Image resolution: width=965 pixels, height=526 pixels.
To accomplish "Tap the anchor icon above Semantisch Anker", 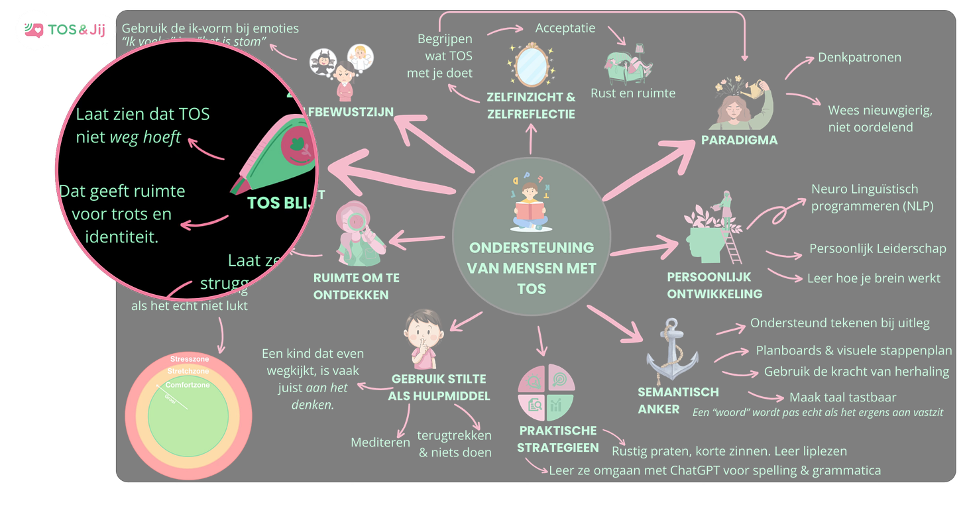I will pos(673,350).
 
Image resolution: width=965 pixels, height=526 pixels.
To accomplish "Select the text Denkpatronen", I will pos(860,58).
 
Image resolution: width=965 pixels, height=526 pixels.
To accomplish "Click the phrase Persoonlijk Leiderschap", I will pos(878,248).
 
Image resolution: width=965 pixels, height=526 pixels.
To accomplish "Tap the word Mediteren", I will pos(380,442).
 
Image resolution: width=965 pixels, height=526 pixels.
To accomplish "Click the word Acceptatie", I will pos(565,28).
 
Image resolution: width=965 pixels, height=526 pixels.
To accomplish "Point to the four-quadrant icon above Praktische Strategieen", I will pos(547,392).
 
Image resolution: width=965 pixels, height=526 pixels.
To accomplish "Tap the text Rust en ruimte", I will pos(633,93).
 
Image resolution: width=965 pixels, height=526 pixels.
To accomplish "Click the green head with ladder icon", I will pos(709,228).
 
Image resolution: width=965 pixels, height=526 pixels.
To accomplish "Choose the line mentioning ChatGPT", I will pos(714,471).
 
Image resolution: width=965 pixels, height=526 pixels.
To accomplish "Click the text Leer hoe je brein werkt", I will pos(873,278).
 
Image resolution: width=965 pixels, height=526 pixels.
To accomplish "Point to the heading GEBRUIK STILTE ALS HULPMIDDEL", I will pos(439,388).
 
